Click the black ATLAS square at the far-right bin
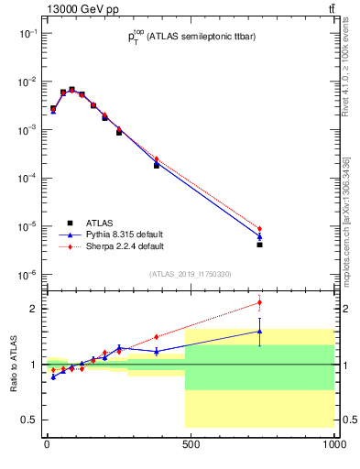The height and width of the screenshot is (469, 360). [x=260, y=245]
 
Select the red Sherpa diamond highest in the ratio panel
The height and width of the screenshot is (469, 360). [x=260, y=302]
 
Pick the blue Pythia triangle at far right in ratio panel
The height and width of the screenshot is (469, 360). [x=260, y=332]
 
